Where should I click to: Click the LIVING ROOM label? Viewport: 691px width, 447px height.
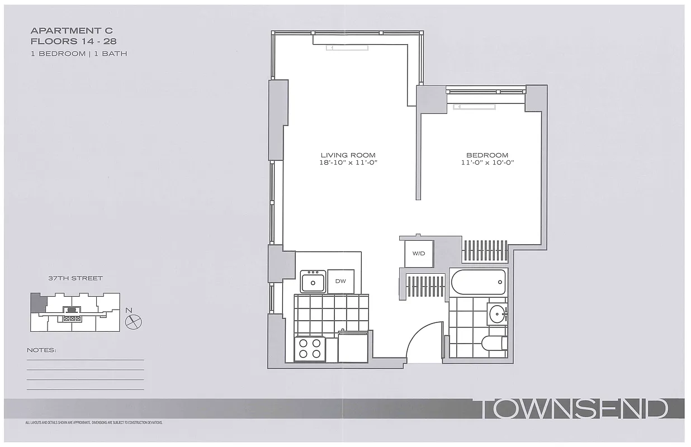point(348,155)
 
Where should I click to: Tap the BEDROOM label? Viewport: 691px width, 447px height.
point(487,155)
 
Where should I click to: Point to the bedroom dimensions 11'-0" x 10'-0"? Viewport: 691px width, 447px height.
point(487,163)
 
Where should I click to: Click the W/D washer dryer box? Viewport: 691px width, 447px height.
point(419,254)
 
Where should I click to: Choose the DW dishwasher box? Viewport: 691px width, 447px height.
point(340,282)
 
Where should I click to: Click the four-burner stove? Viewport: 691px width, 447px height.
point(310,349)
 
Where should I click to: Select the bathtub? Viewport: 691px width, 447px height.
point(479,283)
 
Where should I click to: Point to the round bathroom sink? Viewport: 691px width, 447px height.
point(496,314)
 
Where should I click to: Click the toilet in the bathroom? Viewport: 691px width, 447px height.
point(494,342)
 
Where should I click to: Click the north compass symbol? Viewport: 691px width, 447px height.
point(134,321)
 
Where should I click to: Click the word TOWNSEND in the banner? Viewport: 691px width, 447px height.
point(574,409)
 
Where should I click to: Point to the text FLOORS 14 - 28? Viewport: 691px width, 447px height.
point(73,41)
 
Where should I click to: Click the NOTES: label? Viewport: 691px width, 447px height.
point(41,350)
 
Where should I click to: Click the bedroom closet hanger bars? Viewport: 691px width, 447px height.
point(485,250)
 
